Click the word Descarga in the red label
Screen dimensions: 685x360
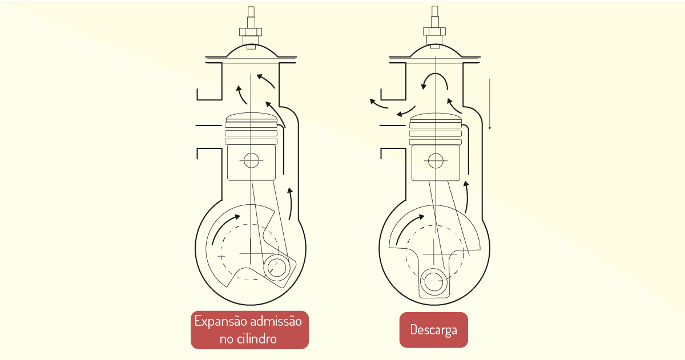pos(434,330)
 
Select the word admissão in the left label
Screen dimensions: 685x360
pos(276,321)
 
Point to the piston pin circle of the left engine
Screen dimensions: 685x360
pos(251,160)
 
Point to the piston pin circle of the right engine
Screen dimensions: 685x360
pos(436,160)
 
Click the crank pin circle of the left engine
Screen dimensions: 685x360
pos(277,268)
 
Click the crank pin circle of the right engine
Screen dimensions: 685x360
pos(434,281)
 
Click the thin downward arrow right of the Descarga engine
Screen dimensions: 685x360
pos(490,104)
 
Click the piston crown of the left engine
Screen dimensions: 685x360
pos(251,118)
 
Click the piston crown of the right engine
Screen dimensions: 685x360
pos(436,118)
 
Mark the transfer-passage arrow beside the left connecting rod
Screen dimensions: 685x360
pos(291,204)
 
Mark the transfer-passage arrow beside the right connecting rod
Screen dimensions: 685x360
pos(467,196)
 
